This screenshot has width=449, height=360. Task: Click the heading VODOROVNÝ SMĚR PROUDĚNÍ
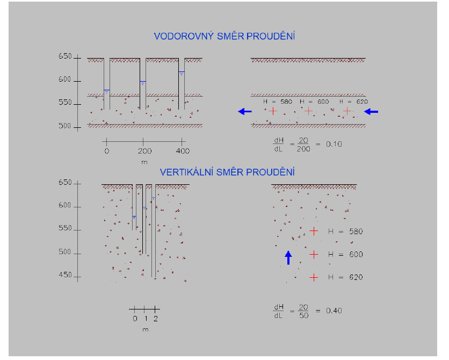coord(225,37)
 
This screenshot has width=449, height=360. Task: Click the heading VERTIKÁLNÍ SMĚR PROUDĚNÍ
coord(227,172)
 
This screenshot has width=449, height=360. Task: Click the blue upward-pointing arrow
coord(288,257)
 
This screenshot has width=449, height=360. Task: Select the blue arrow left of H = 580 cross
coord(245,111)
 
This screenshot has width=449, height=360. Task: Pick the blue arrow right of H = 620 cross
coord(371,111)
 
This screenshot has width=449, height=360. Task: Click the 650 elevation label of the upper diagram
coord(65,57)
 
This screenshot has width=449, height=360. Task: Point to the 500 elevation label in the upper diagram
coord(65,126)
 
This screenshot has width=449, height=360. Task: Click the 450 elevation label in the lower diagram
coord(65,276)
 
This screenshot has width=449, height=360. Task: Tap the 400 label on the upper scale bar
coord(183,151)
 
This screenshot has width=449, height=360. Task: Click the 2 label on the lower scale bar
coord(156,318)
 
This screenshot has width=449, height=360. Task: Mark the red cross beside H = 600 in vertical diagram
coord(314,254)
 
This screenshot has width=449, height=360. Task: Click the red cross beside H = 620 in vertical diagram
coord(314,277)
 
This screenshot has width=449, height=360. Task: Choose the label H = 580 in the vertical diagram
coord(345,232)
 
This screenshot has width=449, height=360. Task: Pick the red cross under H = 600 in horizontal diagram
coord(308,111)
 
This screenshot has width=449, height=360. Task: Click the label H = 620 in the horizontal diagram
coord(354,102)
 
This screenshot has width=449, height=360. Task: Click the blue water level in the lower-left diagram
coord(134,217)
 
